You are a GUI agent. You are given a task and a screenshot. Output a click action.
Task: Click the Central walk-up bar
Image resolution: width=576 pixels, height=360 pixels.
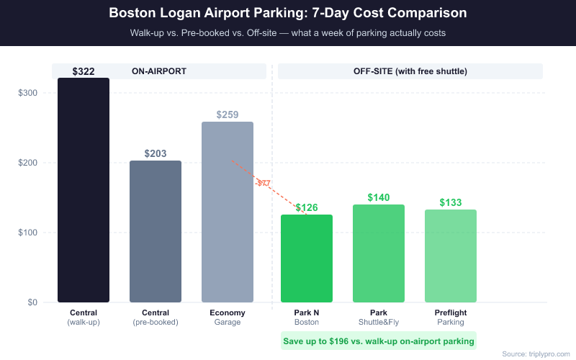click(x=84, y=190)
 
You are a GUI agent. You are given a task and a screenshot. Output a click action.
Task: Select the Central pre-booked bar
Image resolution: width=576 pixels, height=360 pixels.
click(x=156, y=231)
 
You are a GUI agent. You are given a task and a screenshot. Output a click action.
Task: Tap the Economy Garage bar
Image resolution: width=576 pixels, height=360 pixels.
click(x=228, y=212)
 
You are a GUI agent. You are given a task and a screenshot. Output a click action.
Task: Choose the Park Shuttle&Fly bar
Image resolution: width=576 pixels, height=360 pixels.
click(x=379, y=253)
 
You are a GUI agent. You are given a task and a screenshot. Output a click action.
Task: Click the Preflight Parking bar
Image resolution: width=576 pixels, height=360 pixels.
click(x=451, y=256)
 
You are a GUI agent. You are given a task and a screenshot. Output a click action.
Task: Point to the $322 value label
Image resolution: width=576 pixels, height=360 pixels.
click(x=84, y=72)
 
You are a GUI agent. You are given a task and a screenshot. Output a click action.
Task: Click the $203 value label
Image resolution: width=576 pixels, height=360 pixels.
click(x=156, y=153)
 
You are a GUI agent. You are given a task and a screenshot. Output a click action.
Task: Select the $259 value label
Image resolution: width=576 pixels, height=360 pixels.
click(x=228, y=114)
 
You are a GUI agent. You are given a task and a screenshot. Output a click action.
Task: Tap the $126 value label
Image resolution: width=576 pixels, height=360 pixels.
click(x=307, y=208)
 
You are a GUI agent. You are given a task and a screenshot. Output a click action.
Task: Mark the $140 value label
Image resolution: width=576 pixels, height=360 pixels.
click(x=379, y=197)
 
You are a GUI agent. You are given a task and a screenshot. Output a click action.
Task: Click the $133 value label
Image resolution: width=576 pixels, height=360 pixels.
click(x=451, y=202)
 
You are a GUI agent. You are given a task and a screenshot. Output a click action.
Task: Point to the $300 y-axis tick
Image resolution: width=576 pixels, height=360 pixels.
click(x=28, y=93)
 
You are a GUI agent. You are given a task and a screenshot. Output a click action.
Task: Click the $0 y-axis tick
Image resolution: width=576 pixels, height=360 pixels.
click(x=33, y=302)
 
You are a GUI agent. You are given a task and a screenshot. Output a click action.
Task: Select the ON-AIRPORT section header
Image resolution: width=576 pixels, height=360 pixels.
click(x=159, y=71)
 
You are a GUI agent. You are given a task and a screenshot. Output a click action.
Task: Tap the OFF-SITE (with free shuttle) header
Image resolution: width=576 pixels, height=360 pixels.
click(x=410, y=71)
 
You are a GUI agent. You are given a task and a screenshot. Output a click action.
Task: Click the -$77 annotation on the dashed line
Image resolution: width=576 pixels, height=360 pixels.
click(x=264, y=184)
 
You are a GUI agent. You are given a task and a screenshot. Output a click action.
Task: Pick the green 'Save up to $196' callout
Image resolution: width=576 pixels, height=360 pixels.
click(x=379, y=341)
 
